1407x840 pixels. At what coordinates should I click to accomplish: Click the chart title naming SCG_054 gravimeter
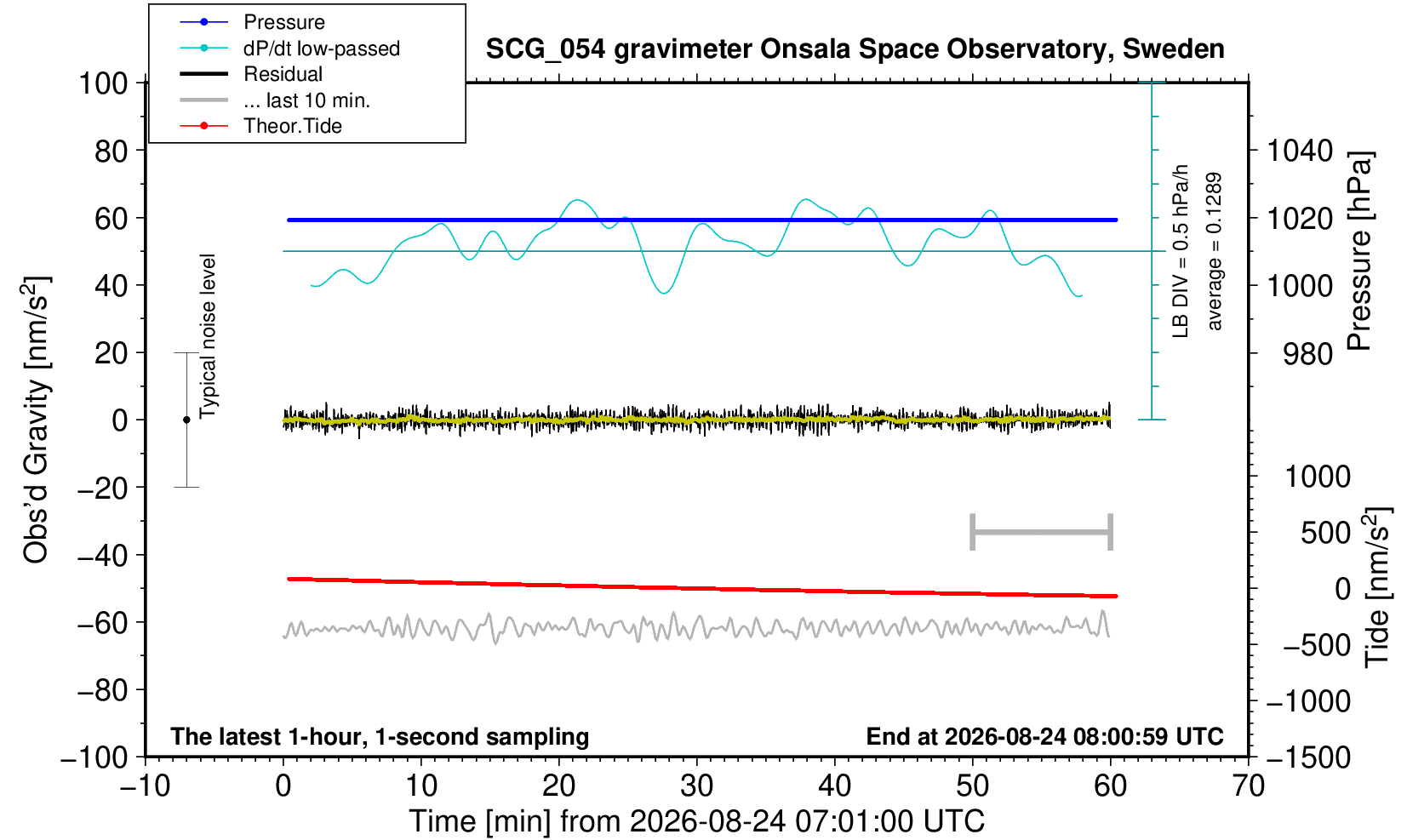855,49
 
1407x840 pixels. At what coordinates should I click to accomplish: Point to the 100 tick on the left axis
103,83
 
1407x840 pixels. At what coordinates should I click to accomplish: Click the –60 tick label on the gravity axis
102,623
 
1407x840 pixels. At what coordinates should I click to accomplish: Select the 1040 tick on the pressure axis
1300,151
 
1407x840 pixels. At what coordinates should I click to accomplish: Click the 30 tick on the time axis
696,786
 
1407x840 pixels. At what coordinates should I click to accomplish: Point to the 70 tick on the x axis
1248,786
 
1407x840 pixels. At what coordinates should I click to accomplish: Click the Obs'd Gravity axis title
37,420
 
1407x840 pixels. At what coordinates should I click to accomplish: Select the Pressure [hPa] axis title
1360,250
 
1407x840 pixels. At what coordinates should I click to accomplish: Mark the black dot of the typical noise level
186,420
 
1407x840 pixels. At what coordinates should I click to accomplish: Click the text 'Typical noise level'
208,337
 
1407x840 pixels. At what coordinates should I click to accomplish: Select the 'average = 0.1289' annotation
1214,251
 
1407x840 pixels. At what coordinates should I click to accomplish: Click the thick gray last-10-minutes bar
1042,532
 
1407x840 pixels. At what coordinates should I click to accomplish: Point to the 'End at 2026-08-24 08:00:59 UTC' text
1044,736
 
